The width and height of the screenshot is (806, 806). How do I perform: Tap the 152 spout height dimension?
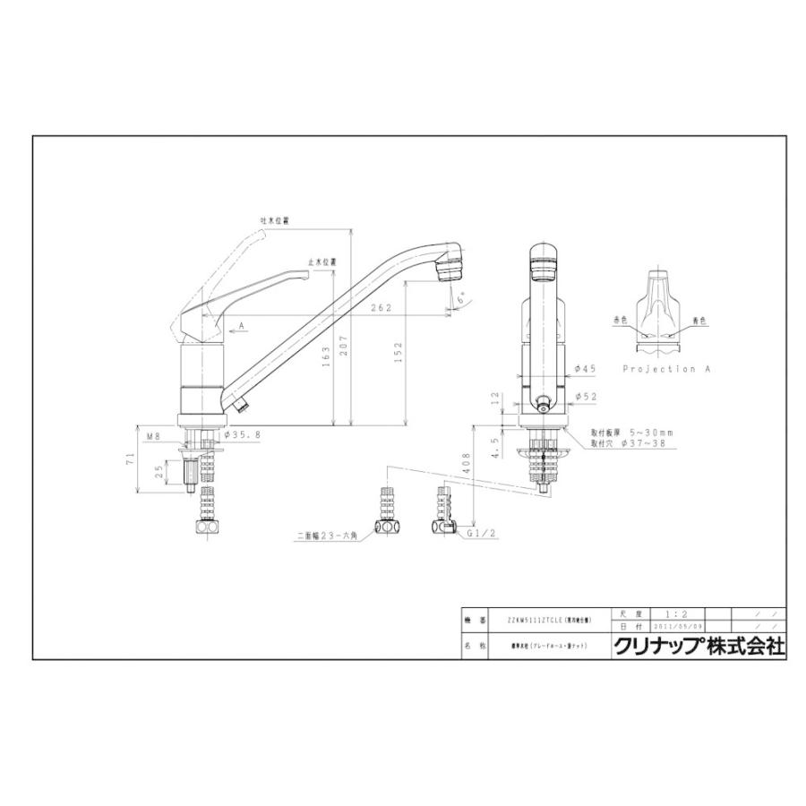point(399,349)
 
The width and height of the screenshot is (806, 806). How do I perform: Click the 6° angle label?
point(458,303)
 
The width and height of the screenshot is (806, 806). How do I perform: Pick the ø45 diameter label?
point(585,368)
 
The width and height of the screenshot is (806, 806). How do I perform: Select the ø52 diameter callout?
point(585,395)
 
